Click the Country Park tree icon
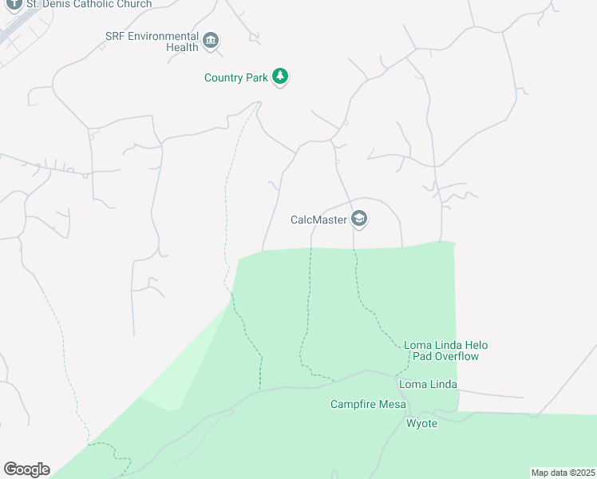[279, 77]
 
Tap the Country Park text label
[237, 77]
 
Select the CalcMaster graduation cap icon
[359, 219]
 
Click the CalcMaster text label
[318, 219]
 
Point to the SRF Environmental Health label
[152, 42]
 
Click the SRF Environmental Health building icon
[212, 41]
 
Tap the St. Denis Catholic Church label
[89, 4]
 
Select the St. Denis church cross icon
[14, 4]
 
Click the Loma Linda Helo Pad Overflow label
[445, 350]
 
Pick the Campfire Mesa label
[369, 405]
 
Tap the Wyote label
[422, 423]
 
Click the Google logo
[26, 469]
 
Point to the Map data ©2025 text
[562, 473]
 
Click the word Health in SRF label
[182, 48]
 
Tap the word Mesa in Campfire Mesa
[393, 405]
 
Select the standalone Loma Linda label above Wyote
[429, 385]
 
